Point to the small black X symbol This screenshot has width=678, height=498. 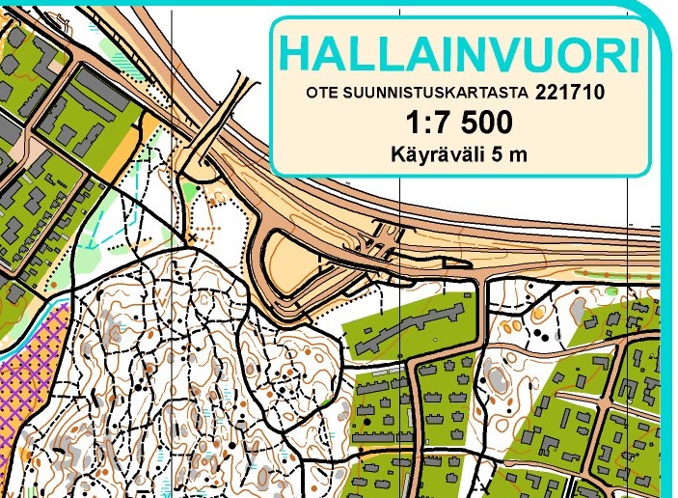click(x=194, y=235)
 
